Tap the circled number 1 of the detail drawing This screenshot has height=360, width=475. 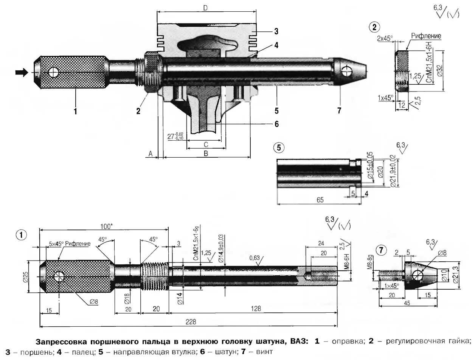22,235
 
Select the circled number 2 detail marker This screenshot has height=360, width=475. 374,27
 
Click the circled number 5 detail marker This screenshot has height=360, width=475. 279,147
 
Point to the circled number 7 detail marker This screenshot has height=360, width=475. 381,250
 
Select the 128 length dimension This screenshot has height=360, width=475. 256,309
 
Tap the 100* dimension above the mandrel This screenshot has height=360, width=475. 106,226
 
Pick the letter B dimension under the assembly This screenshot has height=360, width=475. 206,154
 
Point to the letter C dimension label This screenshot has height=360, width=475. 206,144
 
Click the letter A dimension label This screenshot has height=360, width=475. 150,154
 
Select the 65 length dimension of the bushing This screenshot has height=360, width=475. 320,200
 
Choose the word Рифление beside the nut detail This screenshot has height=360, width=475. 426,36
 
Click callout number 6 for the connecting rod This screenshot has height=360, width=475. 276,124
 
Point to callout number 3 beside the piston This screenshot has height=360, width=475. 276,31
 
